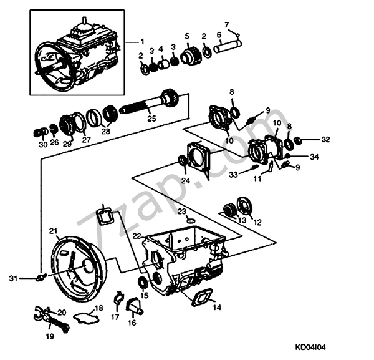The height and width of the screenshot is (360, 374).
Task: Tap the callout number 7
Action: (x=226, y=24)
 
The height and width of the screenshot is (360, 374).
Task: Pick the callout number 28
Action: (x=105, y=132)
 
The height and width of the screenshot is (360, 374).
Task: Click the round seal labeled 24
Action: (x=183, y=162)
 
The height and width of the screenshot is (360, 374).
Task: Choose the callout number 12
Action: (x=257, y=222)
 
